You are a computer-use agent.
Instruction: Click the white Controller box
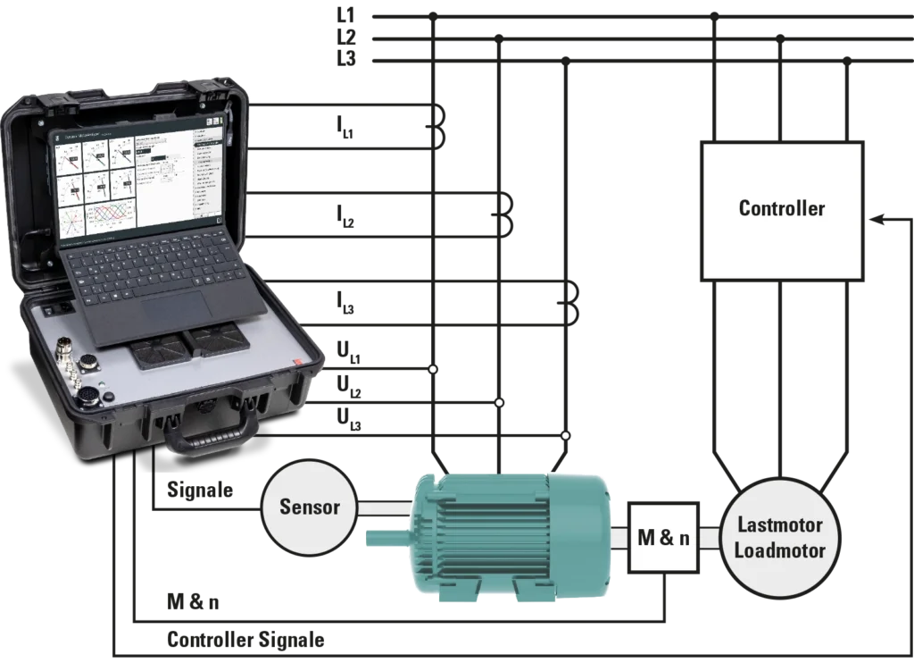pos(782,209)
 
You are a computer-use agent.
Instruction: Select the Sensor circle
pos(310,507)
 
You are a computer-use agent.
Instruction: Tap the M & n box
pos(664,538)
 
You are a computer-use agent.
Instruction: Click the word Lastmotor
pos(779,525)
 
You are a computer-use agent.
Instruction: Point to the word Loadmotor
pos(779,549)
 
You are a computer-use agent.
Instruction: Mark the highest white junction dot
pos(433,369)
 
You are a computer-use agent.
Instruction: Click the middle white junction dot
pos(500,403)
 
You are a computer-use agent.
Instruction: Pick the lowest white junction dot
pos(565,435)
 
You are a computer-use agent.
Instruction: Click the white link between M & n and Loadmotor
pos(710,538)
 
